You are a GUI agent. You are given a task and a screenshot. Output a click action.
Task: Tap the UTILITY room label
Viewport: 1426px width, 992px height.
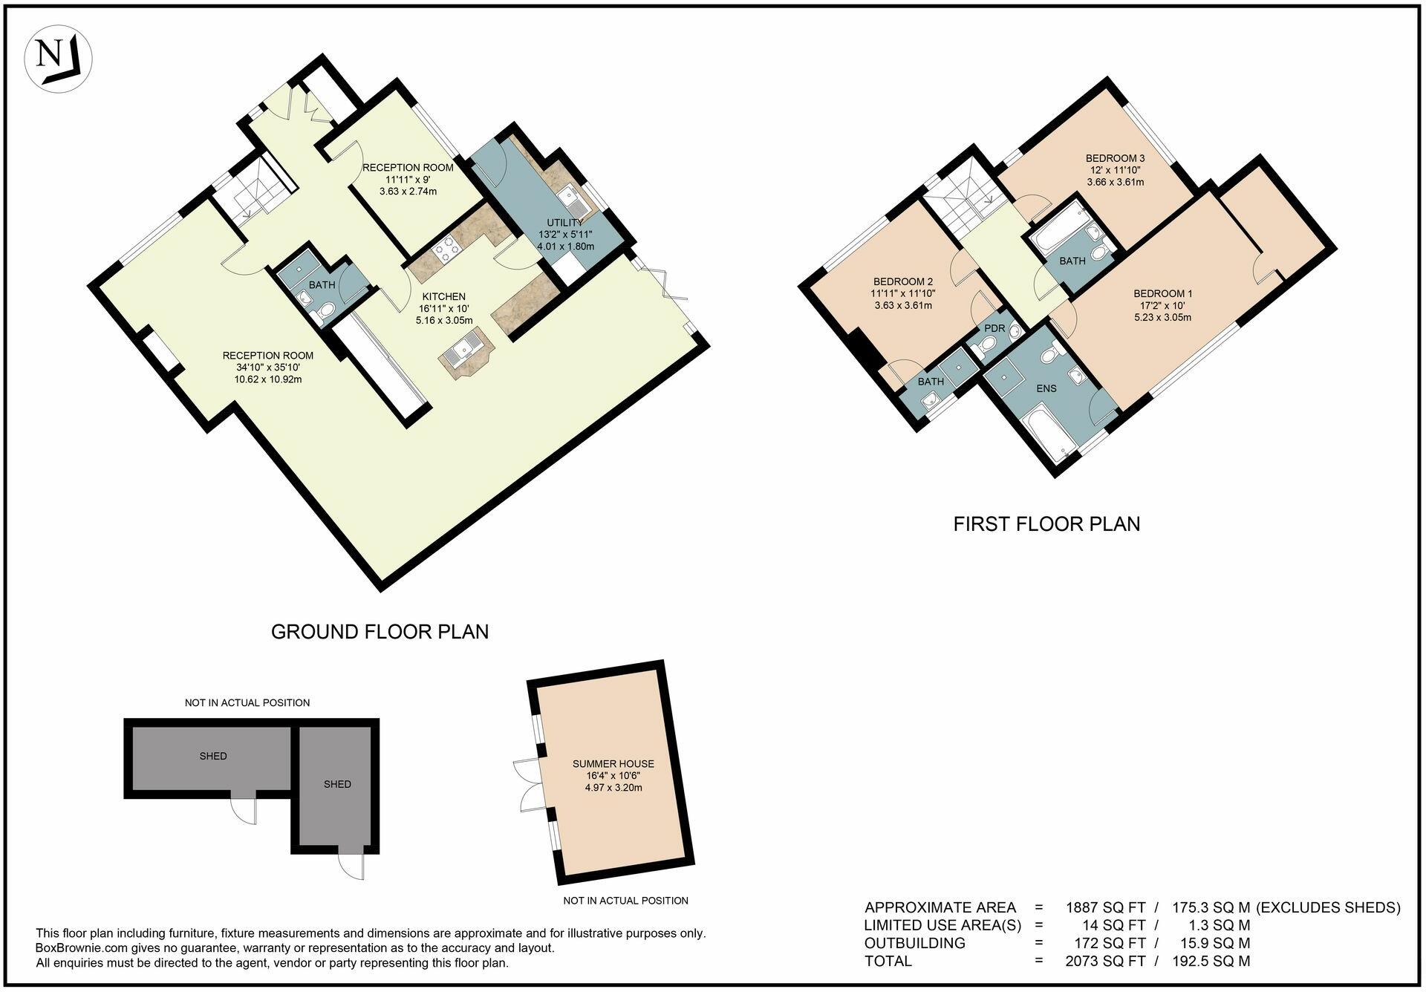pos(565,223)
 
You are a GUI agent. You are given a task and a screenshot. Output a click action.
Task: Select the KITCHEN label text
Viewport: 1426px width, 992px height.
pos(443,297)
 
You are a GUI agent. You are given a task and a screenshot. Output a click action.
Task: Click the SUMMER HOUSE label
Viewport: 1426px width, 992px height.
pos(613,763)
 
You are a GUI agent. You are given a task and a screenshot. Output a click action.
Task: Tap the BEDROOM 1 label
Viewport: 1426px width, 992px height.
pos(1162,294)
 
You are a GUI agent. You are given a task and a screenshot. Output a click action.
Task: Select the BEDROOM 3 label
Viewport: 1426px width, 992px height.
pos(1115,158)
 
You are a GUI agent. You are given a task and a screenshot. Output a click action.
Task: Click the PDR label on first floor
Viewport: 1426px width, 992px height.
pos(994,328)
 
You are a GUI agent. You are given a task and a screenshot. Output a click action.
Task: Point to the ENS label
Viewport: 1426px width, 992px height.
pos(1046,388)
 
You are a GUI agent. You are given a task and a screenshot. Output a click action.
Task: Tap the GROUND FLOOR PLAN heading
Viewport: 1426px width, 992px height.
pos(380,632)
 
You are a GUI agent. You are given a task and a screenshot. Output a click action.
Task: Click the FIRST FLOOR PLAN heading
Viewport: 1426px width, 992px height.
pos(1046,524)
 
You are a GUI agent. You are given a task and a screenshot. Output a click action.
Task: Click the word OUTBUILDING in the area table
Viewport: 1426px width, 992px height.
pos(914,944)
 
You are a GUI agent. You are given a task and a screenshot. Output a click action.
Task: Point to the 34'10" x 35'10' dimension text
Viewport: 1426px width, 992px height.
pos(268,368)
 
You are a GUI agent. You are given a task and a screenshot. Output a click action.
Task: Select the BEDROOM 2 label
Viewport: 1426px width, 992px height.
pos(902,281)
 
